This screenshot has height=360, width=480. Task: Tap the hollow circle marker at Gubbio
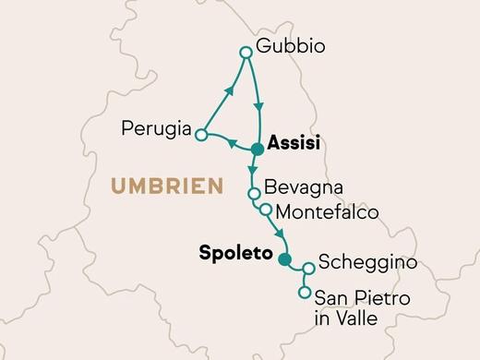point(246,54)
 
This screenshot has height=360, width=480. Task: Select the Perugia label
point(156,127)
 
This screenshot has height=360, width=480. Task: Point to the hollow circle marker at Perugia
point(200,135)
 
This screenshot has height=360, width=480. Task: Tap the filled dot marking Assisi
point(258,146)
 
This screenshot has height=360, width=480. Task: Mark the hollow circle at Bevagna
point(252,193)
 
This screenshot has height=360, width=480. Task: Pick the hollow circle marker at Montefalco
point(266,210)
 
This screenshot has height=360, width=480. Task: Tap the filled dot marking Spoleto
point(285,258)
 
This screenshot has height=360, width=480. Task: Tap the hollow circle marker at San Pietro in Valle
point(305,294)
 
